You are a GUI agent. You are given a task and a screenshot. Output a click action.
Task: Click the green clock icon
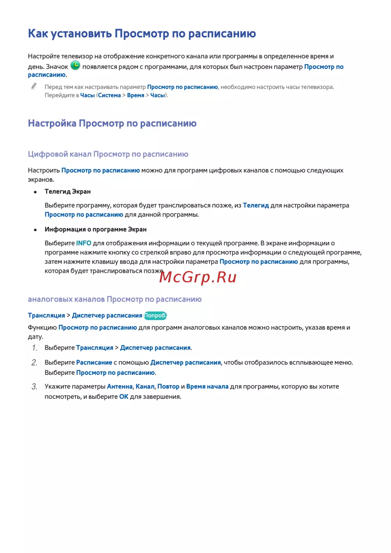tap(75, 65)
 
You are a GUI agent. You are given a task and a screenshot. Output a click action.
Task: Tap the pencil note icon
tap(34, 86)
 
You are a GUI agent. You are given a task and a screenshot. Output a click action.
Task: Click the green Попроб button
tap(155, 316)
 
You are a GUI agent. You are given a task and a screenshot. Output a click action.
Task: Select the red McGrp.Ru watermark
tap(198, 277)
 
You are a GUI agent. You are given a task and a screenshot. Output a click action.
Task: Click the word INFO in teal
tap(83, 243)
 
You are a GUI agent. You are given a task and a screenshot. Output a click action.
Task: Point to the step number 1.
tap(34, 348)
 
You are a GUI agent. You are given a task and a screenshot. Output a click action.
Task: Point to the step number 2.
tap(34, 363)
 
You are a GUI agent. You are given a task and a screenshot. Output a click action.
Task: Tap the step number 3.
tap(34, 386)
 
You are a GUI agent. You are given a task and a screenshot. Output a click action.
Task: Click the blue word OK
tap(124, 397)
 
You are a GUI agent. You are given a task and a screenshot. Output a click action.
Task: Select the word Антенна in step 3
tap(120, 386)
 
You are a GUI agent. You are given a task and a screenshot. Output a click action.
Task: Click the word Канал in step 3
tap(145, 386)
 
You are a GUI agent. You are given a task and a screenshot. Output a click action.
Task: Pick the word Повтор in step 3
tap(168, 386)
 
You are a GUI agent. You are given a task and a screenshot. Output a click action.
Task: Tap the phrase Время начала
tap(207, 386)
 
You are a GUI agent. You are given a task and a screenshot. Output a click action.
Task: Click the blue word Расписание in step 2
tap(94, 363)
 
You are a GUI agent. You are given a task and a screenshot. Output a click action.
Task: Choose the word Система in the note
tap(109, 95)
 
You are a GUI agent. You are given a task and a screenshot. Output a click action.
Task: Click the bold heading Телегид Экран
tap(68, 192)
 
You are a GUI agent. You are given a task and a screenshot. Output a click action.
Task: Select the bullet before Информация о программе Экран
tap(35, 230)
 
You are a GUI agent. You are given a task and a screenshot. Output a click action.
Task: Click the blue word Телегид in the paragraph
tap(256, 205)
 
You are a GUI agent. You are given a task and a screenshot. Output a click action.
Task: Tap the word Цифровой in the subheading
tap(48, 154)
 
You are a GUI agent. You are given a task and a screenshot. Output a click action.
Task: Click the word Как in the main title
tap(38, 34)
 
